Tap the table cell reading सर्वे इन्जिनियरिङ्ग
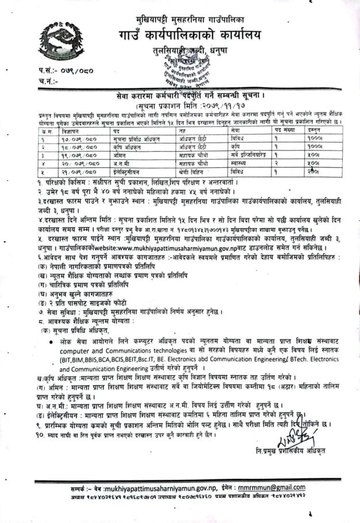point(244,155)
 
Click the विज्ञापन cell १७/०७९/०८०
point(64,139)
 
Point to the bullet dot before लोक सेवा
point(52,341)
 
